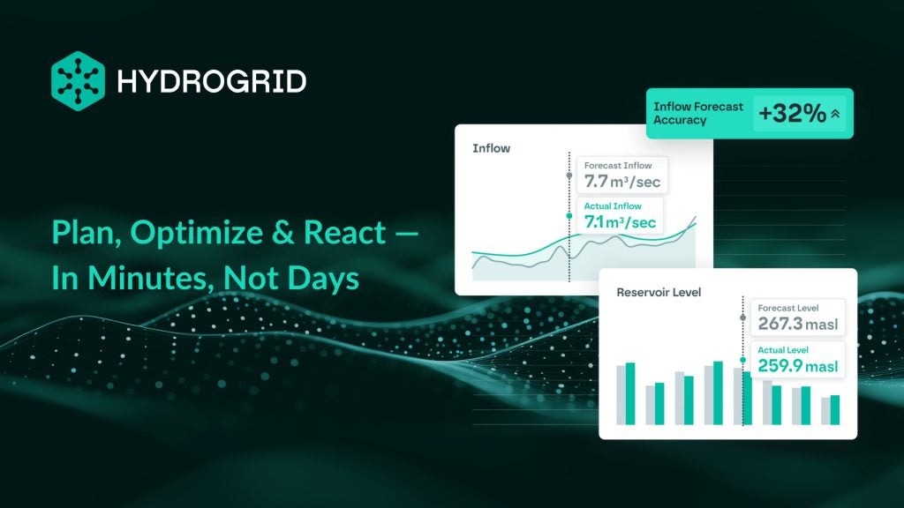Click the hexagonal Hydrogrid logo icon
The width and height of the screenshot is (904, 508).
click(x=78, y=80)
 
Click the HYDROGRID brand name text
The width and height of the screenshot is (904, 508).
click(x=212, y=82)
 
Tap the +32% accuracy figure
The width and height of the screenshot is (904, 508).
click(x=792, y=114)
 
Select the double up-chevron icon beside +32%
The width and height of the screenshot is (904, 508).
click(x=835, y=114)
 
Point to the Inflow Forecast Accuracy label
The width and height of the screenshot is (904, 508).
click(x=698, y=114)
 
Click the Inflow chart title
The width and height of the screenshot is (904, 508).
click(x=491, y=148)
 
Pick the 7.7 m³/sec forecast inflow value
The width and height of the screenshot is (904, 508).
click(x=622, y=182)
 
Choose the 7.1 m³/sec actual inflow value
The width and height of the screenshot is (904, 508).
click(x=620, y=221)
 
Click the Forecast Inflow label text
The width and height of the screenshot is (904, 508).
click(x=617, y=165)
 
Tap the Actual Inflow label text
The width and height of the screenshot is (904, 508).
click(x=613, y=206)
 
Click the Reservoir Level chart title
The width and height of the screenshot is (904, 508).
click(x=659, y=293)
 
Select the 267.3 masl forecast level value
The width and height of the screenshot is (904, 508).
click(x=798, y=324)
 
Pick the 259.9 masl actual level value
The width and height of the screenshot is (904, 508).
click(x=798, y=366)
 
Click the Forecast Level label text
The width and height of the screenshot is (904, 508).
click(x=788, y=308)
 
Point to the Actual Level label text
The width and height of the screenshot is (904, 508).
click(x=783, y=350)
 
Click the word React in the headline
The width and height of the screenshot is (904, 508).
click(x=345, y=232)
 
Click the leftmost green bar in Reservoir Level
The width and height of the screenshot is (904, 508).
click(x=630, y=393)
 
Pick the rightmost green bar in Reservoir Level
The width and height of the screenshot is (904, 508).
click(x=835, y=410)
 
